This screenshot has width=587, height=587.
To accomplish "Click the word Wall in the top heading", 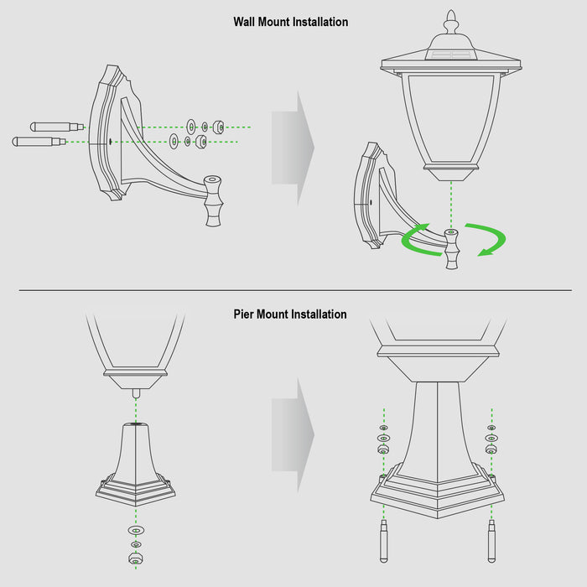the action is pyautogui.click(x=244, y=22).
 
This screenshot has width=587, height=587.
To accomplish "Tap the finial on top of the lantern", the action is pyautogui.click(x=451, y=22).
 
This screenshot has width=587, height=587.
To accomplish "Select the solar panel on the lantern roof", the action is pyautogui.click(x=451, y=55).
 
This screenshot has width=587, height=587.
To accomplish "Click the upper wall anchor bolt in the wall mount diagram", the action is pyautogui.click(x=57, y=127).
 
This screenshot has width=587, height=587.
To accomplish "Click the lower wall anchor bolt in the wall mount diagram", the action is pyautogui.click(x=39, y=142).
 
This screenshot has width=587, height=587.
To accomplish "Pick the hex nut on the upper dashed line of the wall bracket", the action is pyautogui.click(x=218, y=127).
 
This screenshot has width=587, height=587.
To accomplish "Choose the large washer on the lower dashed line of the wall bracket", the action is pyautogui.click(x=174, y=141).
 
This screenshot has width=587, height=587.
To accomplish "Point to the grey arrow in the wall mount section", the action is pyautogui.click(x=293, y=148).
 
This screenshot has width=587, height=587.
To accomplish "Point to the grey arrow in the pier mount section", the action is pyautogui.click(x=293, y=435).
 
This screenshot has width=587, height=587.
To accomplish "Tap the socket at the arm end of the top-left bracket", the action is pyautogui.click(x=213, y=200).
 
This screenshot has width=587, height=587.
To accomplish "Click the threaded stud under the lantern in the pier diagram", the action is pyautogui.click(x=136, y=393).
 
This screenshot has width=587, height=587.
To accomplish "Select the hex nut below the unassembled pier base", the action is pyautogui.click(x=136, y=558).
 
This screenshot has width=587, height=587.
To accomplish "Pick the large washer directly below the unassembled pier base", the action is pyautogui.click(x=136, y=530).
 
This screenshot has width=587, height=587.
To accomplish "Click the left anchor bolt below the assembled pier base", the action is pyautogui.click(x=384, y=541).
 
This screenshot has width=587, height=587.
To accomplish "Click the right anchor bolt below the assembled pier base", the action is pyautogui.click(x=491, y=541).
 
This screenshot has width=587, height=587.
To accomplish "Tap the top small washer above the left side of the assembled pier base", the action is pyautogui.click(x=383, y=428).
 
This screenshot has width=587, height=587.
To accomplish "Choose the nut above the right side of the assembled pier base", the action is pyautogui.click(x=491, y=449).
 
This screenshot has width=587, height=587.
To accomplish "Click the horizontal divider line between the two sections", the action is pyautogui.click(x=295, y=290).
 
